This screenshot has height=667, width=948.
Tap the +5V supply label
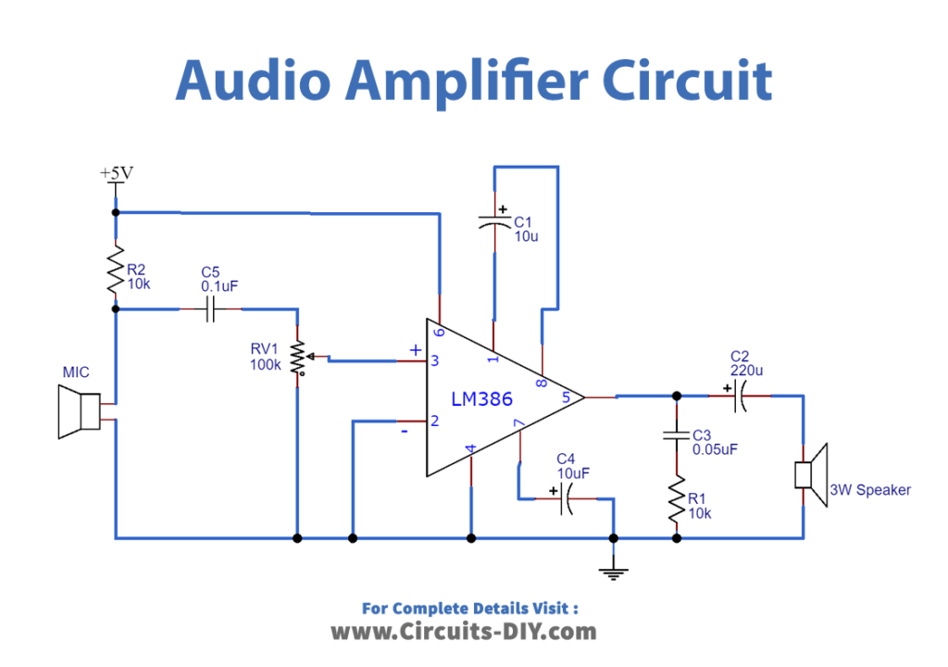point(117,173)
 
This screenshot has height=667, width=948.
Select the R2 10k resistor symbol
point(116,269)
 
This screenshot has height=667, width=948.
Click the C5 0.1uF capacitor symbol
point(209,310)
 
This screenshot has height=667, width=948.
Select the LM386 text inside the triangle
point(481,399)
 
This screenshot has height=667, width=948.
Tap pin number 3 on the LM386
point(433,361)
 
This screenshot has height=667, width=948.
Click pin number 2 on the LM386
point(433,422)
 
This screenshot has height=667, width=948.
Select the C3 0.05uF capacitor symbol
point(677,436)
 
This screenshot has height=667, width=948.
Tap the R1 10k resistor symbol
point(677,500)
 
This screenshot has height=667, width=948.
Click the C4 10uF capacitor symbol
point(566,500)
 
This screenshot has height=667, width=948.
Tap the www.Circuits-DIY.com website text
point(464,632)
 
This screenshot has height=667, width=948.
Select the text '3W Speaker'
point(870,490)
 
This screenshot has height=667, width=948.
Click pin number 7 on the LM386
point(519,424)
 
